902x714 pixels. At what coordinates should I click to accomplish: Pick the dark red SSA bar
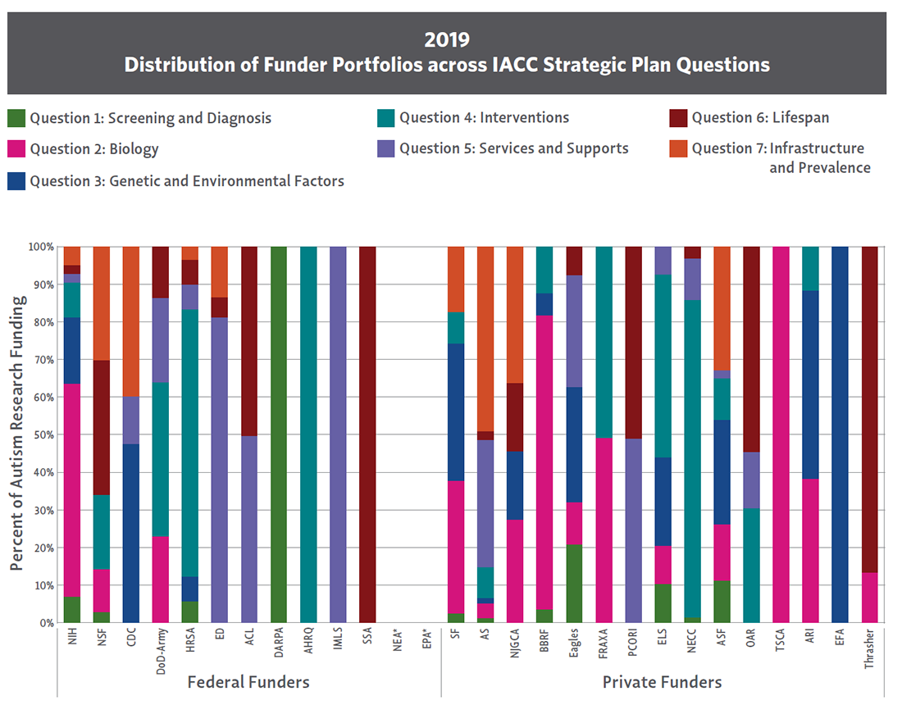pyautogui.click(x=368, y=434)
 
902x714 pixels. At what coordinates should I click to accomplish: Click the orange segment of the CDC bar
pyautogui.click(x=131, y=311)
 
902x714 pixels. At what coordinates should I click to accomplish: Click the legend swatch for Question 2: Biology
pyautogui.click(x=16, y=149)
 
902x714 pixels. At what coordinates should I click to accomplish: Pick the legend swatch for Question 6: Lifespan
pyautogui.click(x=677, y=118)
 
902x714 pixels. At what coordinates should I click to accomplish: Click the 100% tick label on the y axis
pyautogui.click(x=40, y=247)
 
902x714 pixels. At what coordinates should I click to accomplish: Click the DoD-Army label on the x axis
pyautogui.click(x=161, y=653)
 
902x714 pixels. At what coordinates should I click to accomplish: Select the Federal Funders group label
pyautogui.click(x=248, y=682)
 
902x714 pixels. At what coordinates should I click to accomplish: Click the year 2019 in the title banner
pyautogui.click(x=447, y=39)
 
